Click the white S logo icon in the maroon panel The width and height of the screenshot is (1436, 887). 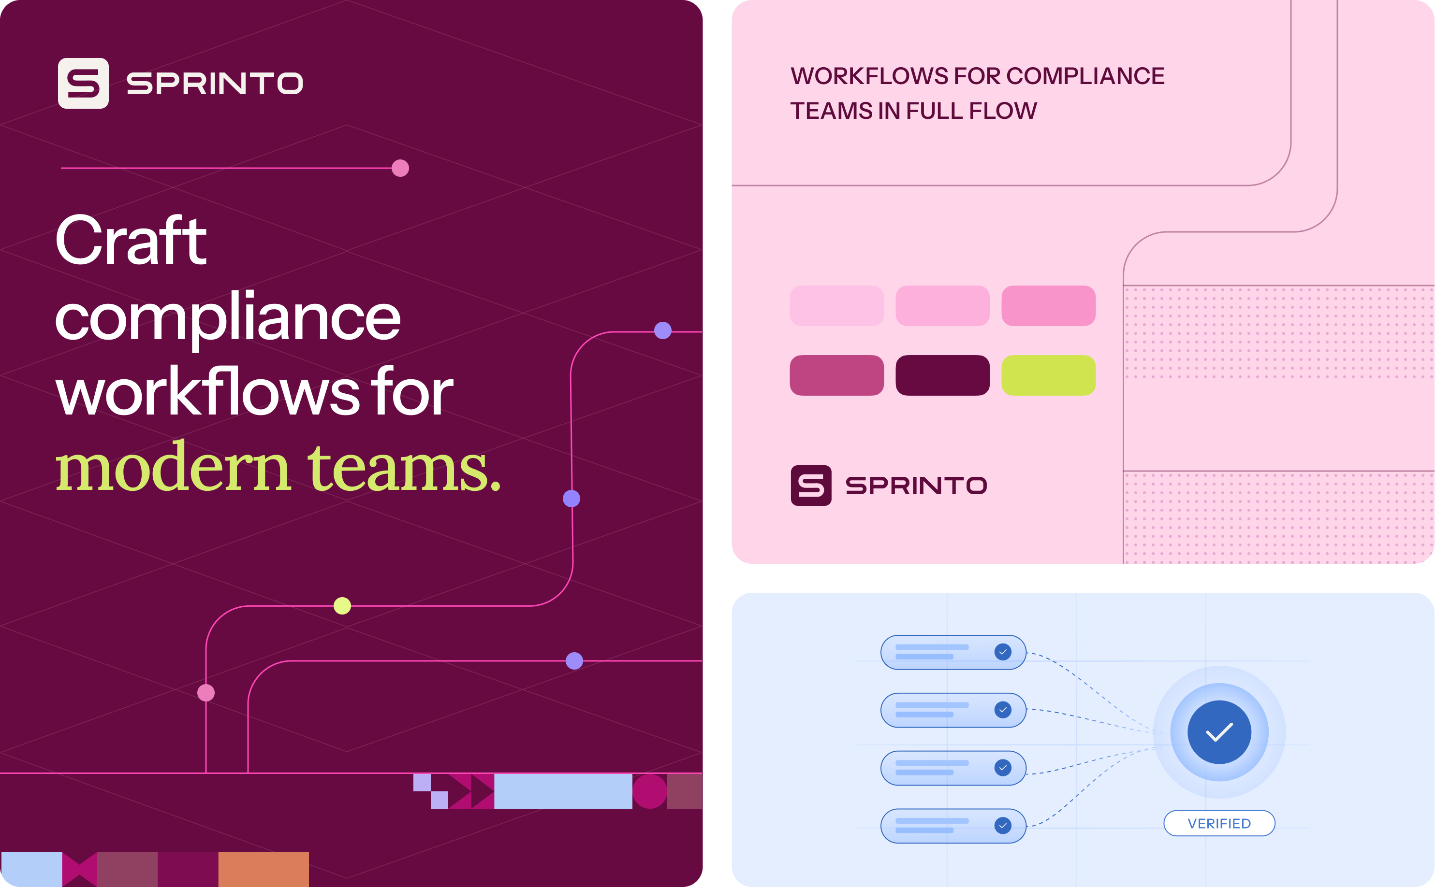tap(83, 83)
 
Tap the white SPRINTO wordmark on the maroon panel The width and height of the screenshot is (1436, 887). tap(215, 83)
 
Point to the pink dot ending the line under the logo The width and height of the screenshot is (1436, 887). tap(400, 168)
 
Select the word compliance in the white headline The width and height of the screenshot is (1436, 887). tap(228, 317)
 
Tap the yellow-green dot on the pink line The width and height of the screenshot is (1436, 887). tap(342, 605)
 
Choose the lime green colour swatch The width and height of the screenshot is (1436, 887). tap(1049, 375)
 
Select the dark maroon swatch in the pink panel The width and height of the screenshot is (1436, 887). tap(943, 375)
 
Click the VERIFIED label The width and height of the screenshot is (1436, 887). tap(1219, 824)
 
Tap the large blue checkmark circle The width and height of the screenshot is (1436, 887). tap(1219, 732)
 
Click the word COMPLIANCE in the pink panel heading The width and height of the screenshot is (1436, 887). tap(1085, 76)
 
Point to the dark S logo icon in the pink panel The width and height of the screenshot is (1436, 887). tap(811, 486)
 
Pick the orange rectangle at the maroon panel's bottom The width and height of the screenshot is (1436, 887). tap(264, 870)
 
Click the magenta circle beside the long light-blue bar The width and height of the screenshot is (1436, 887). tap(650, 791)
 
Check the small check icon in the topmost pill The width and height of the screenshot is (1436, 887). tap(1003, 652)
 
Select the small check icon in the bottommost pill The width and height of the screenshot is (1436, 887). tap(1003, 825)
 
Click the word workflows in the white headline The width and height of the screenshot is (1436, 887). tap(208, 391)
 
